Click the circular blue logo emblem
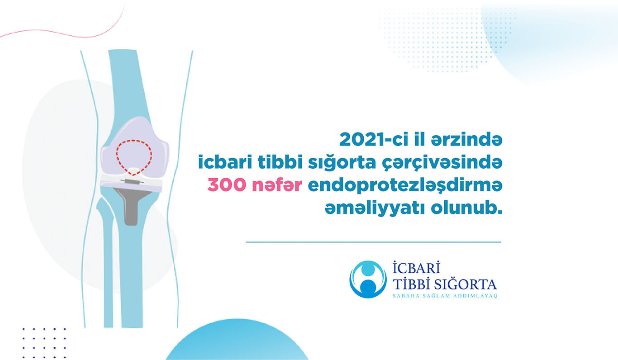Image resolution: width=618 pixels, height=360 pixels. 368,279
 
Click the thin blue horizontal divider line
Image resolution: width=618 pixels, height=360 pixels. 373,242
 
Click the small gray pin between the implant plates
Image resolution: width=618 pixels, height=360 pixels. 132,181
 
